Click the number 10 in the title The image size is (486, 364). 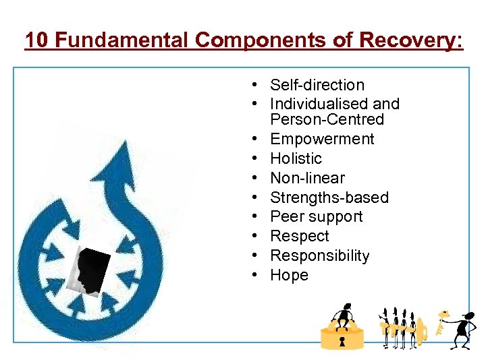coord(36,40)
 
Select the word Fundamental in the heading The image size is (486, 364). coord(122,40)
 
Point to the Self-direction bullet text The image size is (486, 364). coord(317,85)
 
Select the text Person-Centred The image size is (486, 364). coord(327,120)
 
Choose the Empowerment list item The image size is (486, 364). coord(321,139)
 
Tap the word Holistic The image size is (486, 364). coord(296,158)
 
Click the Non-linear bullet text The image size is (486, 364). coord(307,178)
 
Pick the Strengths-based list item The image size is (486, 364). coord(329,198)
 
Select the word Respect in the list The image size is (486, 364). coord(299,237)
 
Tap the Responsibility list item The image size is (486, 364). coord(319,256)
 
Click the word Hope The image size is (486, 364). coord(289,275)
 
